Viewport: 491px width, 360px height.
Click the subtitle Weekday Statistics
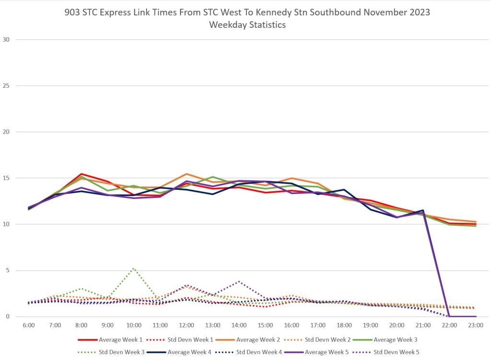click(x=247, y=24)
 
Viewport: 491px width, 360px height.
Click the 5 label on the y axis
click(x=7, y=270)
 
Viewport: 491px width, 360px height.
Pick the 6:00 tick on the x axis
click(x=29, y=325)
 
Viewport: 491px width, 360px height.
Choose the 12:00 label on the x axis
click(x=186, y=325)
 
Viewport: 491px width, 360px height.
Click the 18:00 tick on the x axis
click(x=344, y=325)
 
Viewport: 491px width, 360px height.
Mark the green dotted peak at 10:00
click(x=134, y=268)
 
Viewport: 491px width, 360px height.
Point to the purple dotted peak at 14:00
click(x=239, y=281)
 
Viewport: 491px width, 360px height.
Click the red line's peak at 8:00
click(x=82, y=174)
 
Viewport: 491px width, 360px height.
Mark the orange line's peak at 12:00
click(x=187, y=174)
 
